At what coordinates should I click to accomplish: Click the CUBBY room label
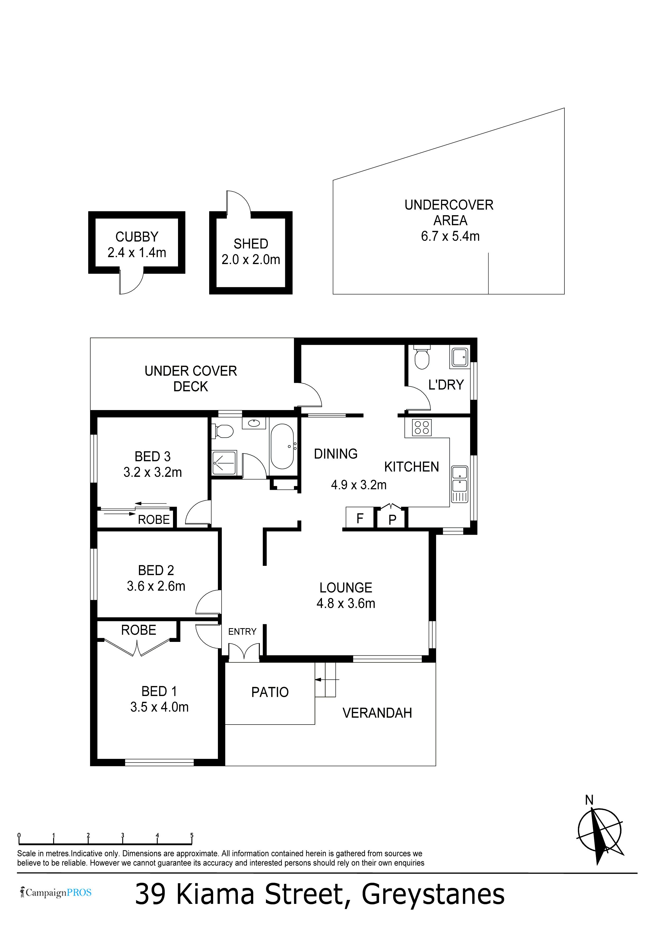tap(137, 237)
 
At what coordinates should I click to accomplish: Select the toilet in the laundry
tap(422, 357)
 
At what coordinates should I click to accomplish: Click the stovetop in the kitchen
tap(422, 427)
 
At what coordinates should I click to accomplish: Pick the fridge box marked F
tap(360, 518)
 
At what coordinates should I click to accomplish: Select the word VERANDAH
tap(377, 713)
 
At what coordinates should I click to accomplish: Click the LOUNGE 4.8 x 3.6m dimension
tap(346, 603)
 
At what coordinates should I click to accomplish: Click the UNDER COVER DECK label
tap(190, 379)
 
